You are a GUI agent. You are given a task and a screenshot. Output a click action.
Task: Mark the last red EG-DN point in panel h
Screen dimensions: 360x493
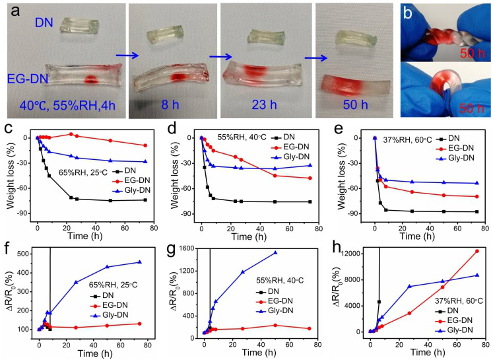coord(477,251)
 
